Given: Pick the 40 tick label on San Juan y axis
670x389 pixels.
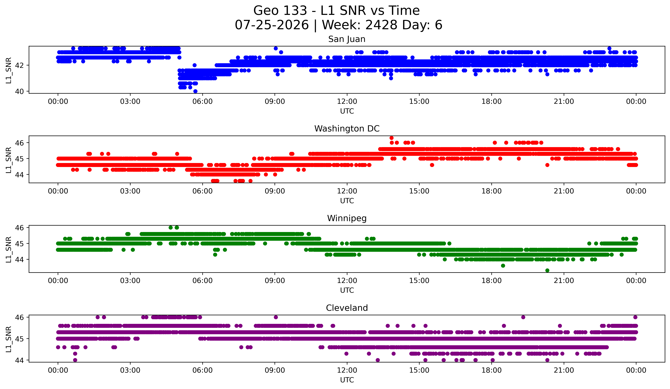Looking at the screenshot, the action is pyautogui.click(x=19, y=91).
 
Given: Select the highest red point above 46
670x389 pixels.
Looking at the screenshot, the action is pyautogui.click(x=391, y=138).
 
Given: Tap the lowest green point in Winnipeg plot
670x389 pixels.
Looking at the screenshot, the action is pyautogui.click(x=547, y=270).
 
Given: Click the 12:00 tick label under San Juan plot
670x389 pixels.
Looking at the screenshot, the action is pyautogui.click(x=347, y=102).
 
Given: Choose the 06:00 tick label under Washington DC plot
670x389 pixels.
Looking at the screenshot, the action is pyautogui.click(x=203, y=191).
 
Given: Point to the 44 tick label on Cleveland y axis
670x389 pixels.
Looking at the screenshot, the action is pyautogui.click(x=19, y=360).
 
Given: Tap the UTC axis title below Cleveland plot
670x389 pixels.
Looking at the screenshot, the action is pyautogui.click(x=347, y=380).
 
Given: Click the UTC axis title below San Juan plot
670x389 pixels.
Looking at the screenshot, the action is pyautogui.click(x=347, y=111).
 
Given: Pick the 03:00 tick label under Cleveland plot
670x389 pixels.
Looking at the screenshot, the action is pyautogui.click(x=130, y=370).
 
